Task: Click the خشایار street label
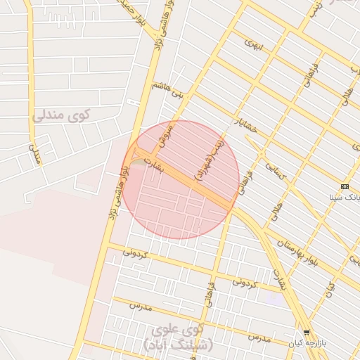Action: click(x=247, y=130)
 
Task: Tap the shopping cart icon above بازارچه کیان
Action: click(x=307, y=333)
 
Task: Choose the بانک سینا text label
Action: click(x=345, y=197)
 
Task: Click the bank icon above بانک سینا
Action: click(x=344, y=186)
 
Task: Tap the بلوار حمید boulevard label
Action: click(x=130, y=10)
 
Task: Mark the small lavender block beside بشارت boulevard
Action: click(x=275, y=299)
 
